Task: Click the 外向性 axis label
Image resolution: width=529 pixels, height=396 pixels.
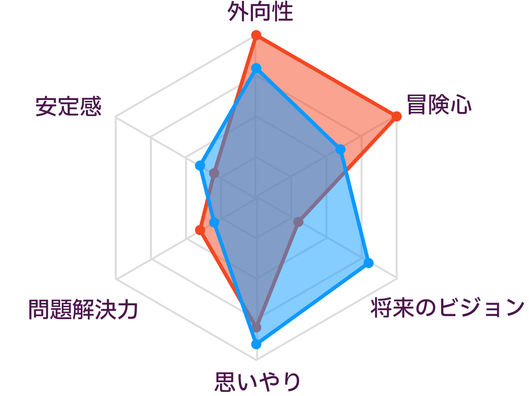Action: click(260, 12)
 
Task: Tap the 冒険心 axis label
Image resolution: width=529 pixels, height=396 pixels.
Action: click(439, 105)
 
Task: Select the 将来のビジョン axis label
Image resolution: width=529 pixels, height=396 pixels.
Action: click(447, 308)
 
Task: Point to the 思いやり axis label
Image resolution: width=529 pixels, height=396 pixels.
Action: click(257, 382)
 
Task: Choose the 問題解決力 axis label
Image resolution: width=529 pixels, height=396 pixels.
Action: click(83, 309)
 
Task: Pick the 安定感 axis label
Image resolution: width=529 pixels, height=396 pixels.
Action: click(68, 106)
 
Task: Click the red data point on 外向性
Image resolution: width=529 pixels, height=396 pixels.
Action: click(257, 35)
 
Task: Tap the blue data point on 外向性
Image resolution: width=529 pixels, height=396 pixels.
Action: click(257, 68)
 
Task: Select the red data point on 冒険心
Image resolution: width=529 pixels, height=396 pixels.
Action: click(397, 116)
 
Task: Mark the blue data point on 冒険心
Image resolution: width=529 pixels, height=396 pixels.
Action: click(340, 149)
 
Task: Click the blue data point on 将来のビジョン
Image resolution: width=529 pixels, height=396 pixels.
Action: click(369, 263)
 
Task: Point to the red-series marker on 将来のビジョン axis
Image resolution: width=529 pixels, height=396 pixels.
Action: click(298, 222)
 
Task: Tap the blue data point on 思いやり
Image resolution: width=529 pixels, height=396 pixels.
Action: click(257, 344)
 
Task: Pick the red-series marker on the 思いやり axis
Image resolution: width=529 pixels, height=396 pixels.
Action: click(257, 328)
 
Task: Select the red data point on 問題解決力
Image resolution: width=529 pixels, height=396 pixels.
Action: click(200, 230)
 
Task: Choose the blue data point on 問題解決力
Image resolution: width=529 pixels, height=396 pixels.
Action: click(214, 222)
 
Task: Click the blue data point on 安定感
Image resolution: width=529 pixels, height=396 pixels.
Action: click(200, 166)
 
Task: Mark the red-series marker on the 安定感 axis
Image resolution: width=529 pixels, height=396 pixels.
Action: click(214, 174)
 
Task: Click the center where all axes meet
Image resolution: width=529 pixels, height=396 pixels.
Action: click(257, 198)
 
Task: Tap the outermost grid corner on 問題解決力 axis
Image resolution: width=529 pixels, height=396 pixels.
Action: click(116, 279)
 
